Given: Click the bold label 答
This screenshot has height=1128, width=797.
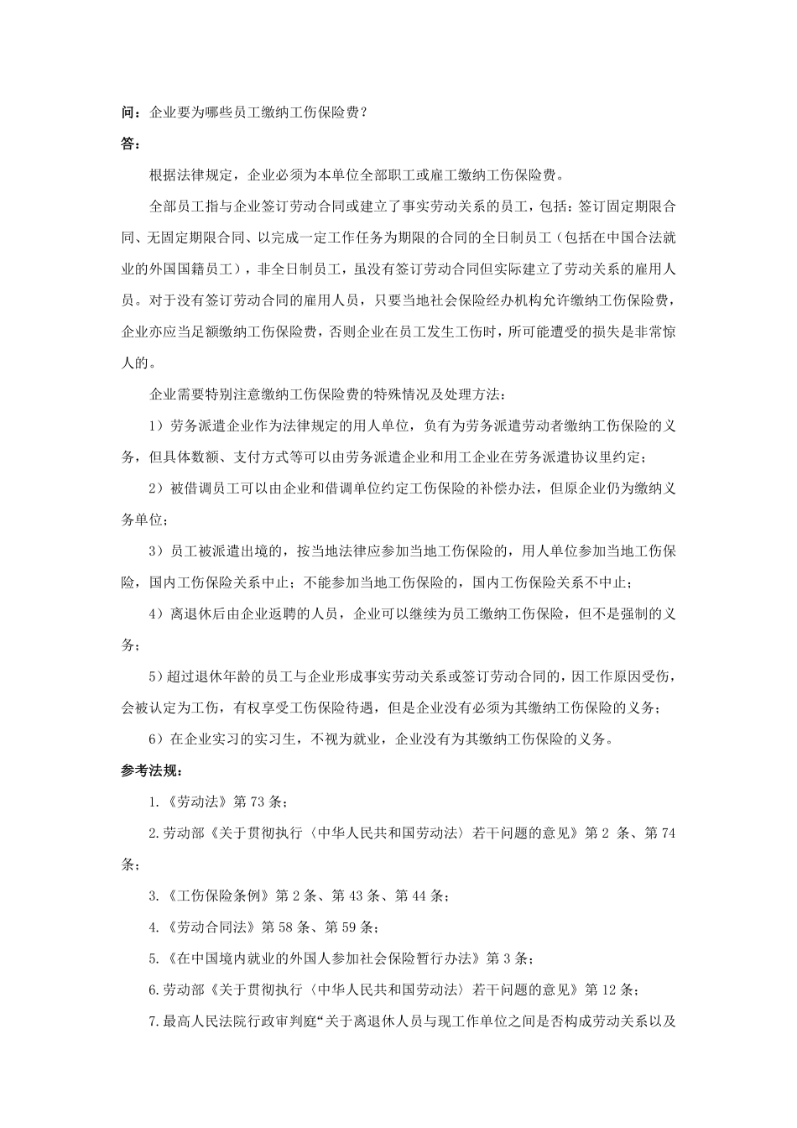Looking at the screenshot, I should pyautogui.click(x=128, y=144).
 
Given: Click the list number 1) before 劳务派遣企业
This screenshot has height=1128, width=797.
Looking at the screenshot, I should pyautogui.click(x=156, y=426).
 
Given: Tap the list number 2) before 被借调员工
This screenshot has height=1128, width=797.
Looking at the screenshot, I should pyautogui.click(x=156, y=488).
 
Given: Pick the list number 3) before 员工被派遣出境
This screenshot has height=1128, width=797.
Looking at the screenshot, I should pyautogui.click(x=156, y=551).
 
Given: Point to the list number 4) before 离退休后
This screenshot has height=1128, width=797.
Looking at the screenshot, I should pyautogui.click(x=156, y=614).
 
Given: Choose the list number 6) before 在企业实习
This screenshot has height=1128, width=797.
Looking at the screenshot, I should pyautogui.click(x=156, y=739).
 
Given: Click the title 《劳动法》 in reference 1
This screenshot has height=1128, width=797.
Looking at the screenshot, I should pyautogui.click(x=196, y=802).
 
